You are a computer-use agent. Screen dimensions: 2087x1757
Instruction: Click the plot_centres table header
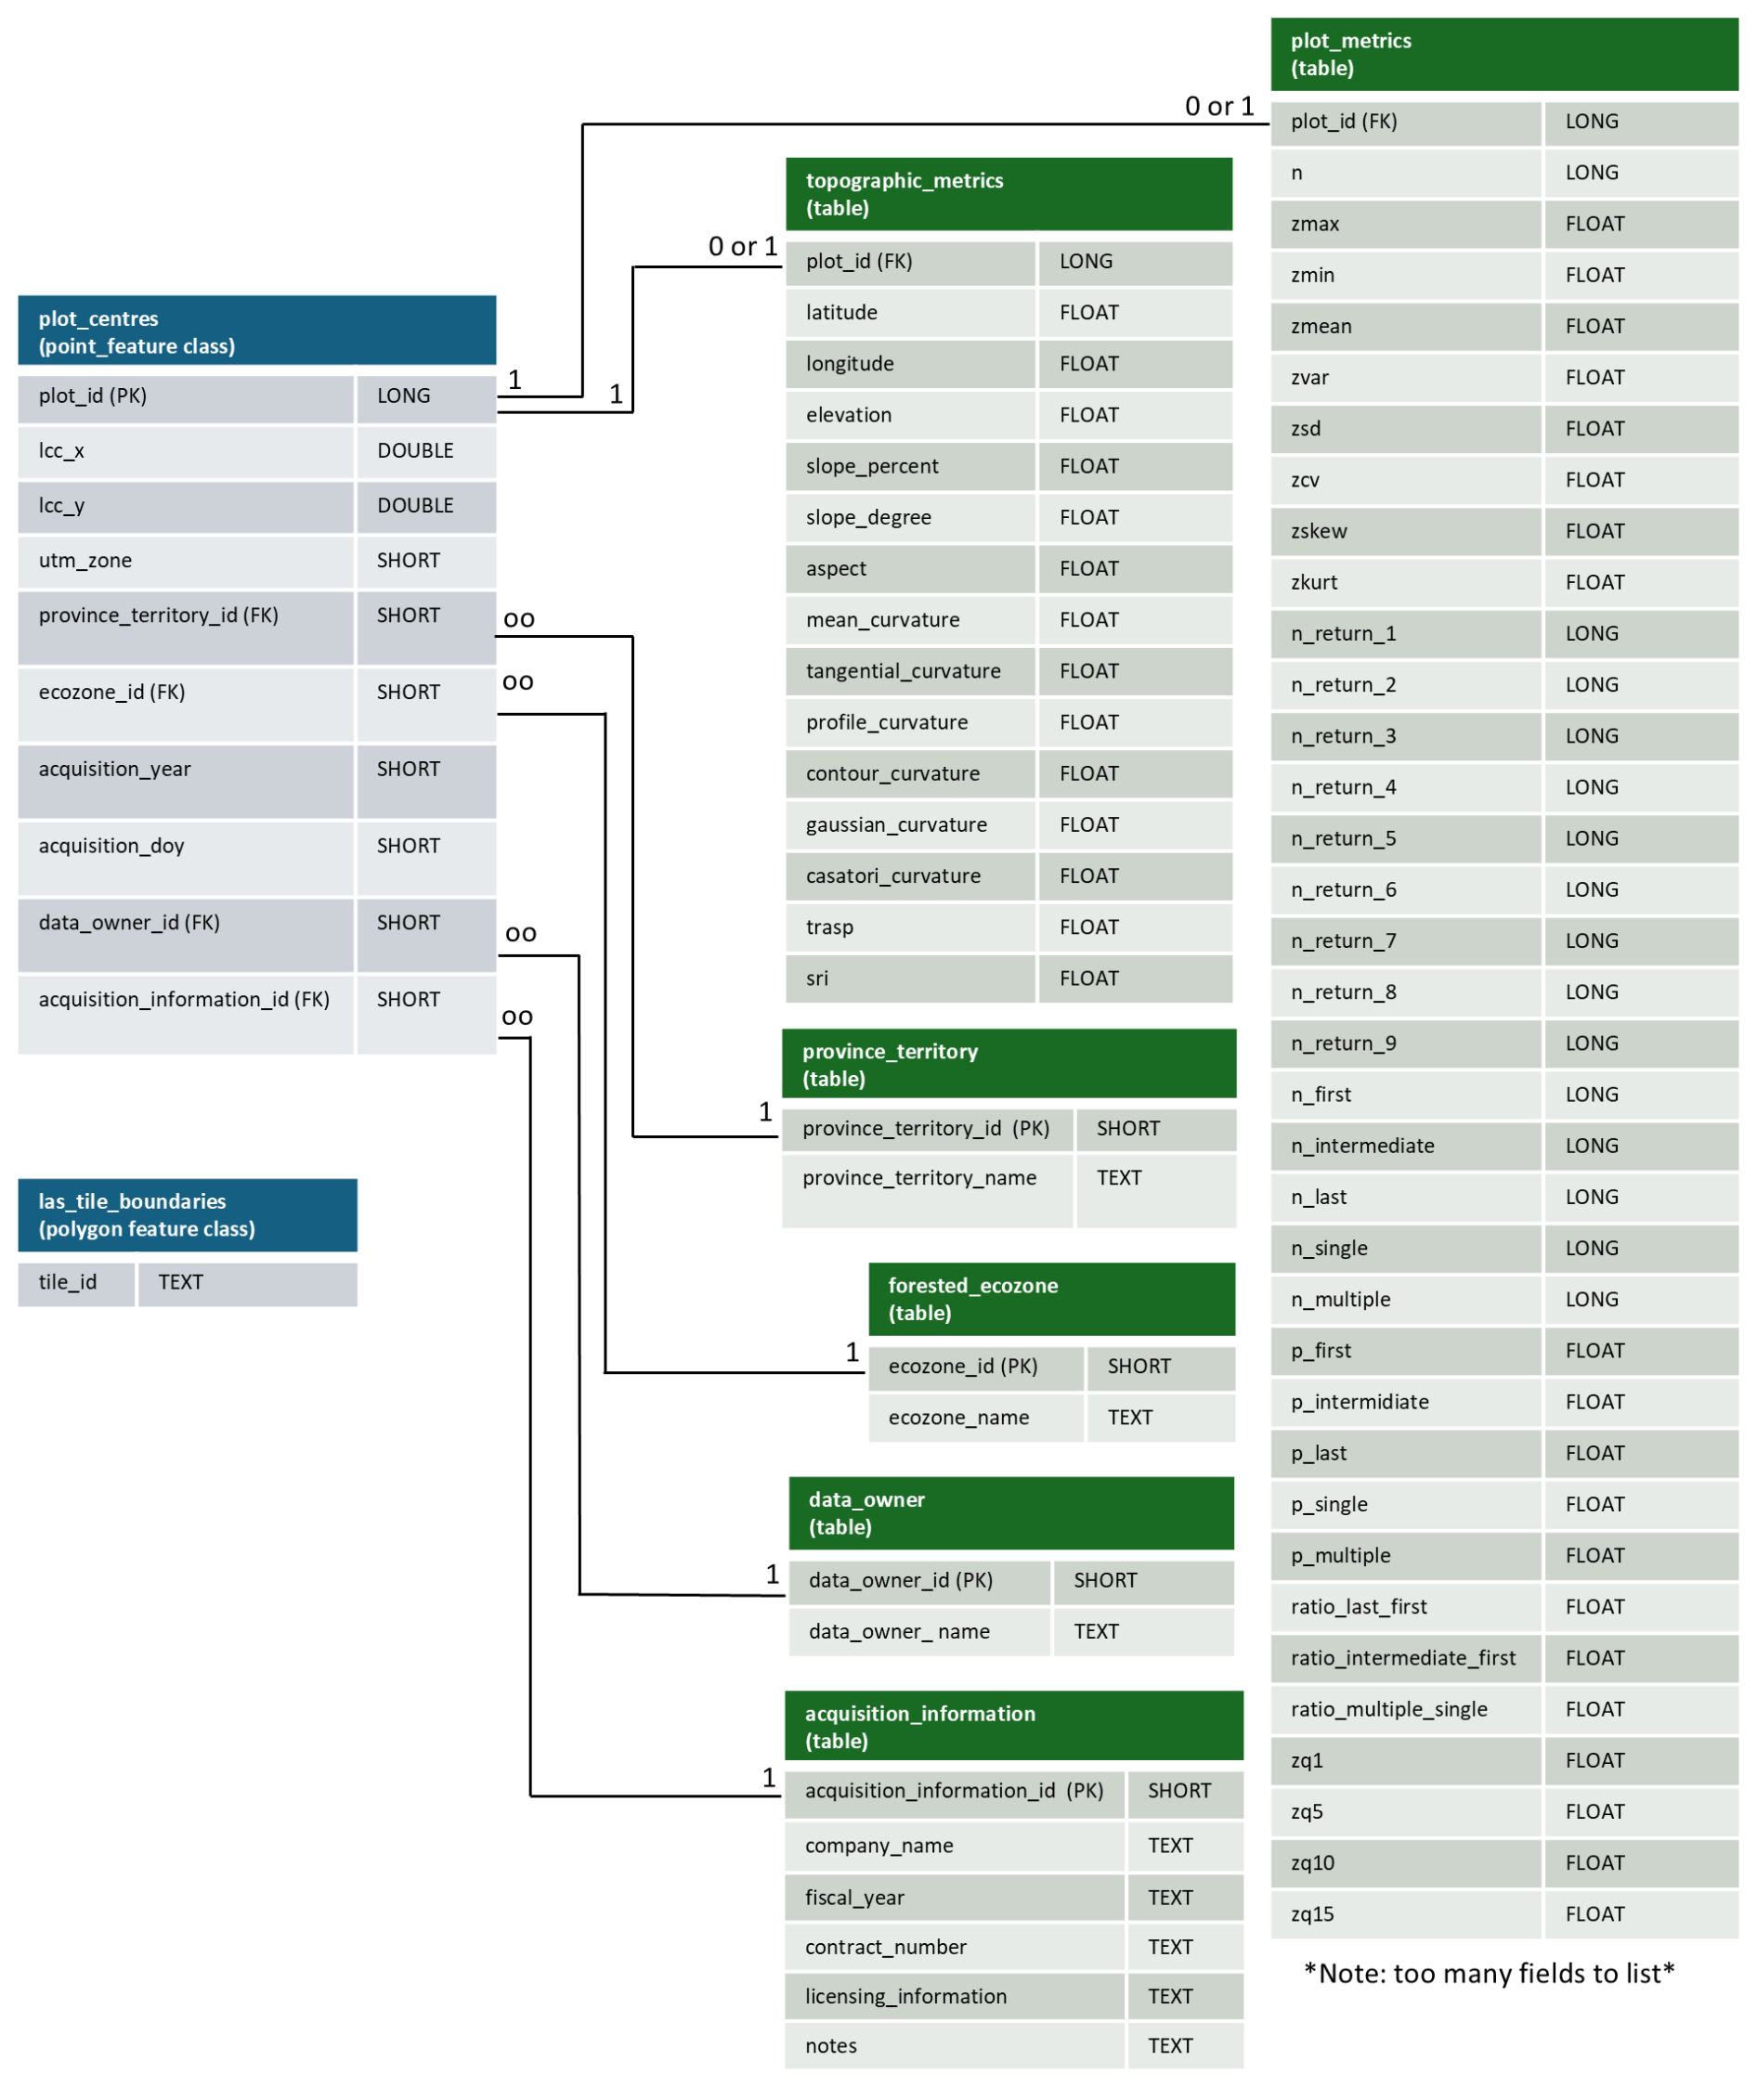click(256, 331)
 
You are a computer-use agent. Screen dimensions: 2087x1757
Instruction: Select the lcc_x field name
click(61, 451)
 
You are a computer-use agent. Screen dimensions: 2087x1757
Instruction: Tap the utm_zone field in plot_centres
click(85, 561)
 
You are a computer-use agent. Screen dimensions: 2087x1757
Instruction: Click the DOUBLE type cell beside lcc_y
click(415, 506)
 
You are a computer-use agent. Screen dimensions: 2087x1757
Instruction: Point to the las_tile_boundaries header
click(188, 1214)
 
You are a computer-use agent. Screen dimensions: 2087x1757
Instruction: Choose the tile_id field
click(68, 1282)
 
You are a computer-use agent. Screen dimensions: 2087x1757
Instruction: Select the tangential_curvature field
click(903, 671)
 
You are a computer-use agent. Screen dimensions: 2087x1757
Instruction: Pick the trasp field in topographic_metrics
click(829, 927)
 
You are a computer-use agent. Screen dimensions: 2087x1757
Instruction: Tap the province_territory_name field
click(919, 1178)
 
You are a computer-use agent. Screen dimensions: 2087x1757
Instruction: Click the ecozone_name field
click(958, 1417)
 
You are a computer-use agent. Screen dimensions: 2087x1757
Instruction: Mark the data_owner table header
click(1010, 1512)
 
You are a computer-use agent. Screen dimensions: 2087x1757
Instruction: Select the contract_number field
click(886, 1947)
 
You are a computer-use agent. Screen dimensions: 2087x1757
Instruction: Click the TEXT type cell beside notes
click(1169, 2045)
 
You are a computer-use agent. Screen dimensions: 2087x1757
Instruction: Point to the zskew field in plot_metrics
click(1319, 531)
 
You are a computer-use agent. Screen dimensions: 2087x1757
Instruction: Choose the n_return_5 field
click(1343, 838)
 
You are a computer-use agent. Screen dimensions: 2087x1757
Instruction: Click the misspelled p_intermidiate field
click(1360, 1402)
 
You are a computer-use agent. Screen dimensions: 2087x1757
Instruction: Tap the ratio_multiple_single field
click(1388, 1710)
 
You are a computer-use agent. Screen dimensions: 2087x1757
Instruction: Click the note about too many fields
click(1489, 1974)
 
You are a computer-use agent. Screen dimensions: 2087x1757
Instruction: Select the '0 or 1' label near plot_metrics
click(1219, 107)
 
